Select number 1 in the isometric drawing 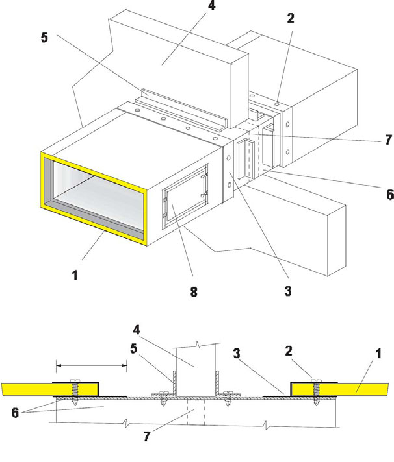(x=75, y=274)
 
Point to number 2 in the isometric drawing (x=290, y=19)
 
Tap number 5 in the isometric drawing (x=44, y=38)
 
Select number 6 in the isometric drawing (x=388, y=193)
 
